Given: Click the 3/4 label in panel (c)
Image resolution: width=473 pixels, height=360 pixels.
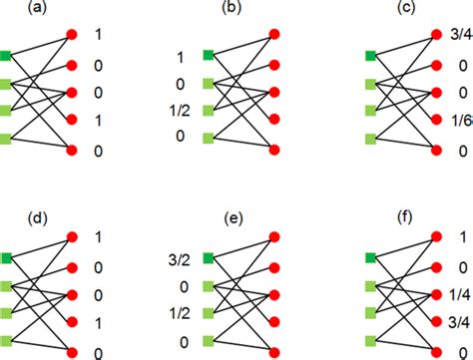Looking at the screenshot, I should pyautogui.click(x=457, y=36).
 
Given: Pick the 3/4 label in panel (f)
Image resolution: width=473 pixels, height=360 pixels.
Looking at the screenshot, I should pyautogui.click(x=457, y=321).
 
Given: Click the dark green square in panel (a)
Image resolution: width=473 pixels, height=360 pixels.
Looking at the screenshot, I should pyautogui.click(x=7, y=55).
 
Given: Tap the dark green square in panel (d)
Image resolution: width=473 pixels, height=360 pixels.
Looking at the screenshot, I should pyautogui.click(x=7, y=258).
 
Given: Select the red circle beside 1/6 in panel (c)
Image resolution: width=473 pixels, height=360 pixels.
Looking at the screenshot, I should pyautogui.click(x=436, y=122).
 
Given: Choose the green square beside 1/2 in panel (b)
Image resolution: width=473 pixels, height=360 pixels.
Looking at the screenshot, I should pyautogui.click(x=208, y=111).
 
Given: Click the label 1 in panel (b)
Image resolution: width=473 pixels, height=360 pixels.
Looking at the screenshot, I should pyautogui.click(x=181, y=57).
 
